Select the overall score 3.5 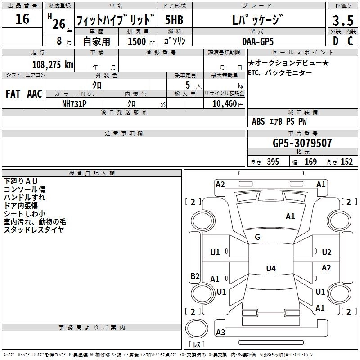point(342,21)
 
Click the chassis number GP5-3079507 point(302,144)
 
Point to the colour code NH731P point(74,103)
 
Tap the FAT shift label point(13,94)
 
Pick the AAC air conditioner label point(35,94)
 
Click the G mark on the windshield point(257,238)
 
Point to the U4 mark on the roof point(270,269)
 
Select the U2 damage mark point(327,252)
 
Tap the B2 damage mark point(195,276)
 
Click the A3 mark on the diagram point(220,333)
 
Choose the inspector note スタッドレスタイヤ point(34,230)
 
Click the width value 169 point(310,162)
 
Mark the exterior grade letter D point(335,41)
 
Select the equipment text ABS point(258,121)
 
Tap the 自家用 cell point(97,41)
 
